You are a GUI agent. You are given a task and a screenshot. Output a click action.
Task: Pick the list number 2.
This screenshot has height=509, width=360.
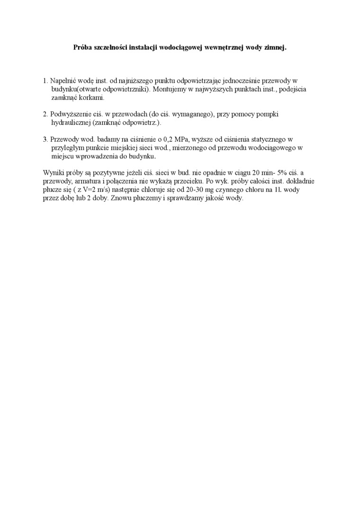click(45, 115)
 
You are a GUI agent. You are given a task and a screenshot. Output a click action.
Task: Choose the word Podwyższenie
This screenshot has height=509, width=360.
click(71, 115)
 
